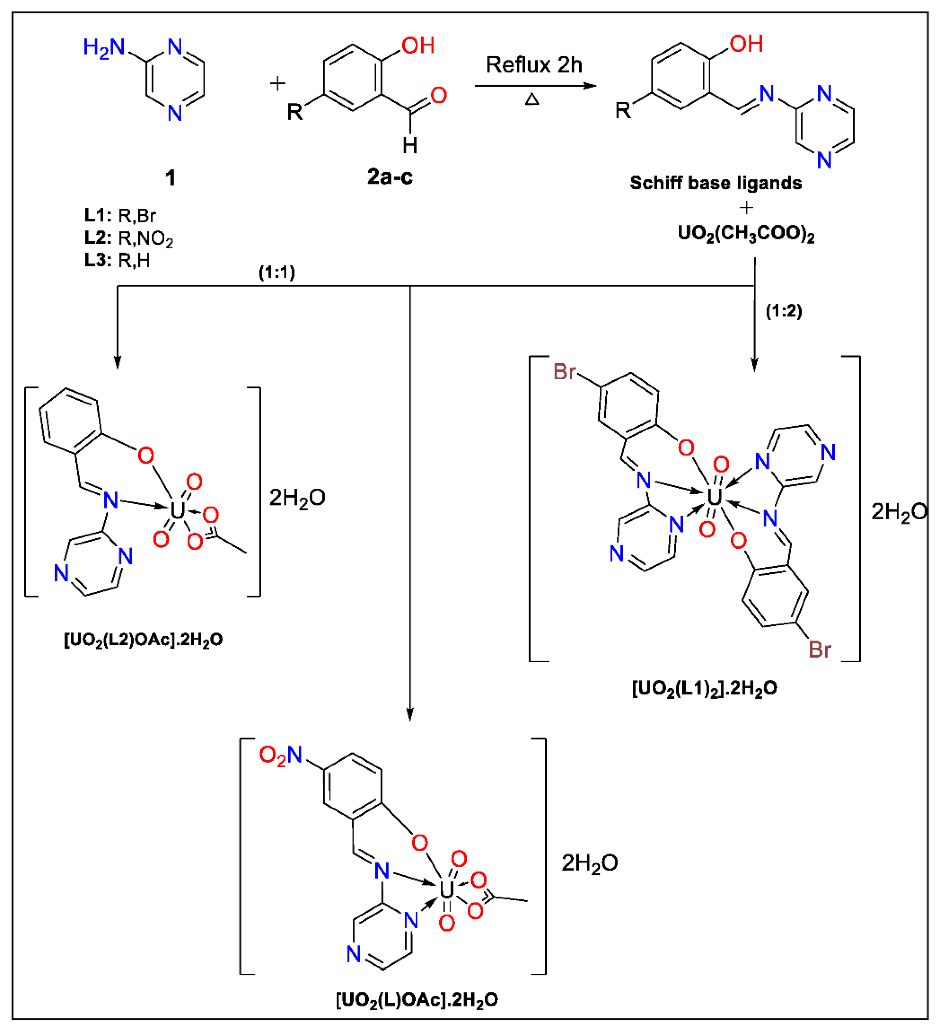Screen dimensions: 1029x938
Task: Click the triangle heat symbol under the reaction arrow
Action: point(532,99)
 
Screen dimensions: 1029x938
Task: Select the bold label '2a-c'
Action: point(390,176)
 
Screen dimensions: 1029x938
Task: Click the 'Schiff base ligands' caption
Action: point(715,183)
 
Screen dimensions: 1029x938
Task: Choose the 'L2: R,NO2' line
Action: point(129,238)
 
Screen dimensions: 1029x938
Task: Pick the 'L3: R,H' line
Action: point(117,260)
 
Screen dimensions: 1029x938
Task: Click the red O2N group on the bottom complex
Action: point(280,755)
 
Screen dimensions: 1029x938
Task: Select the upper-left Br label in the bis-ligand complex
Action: point(565,371)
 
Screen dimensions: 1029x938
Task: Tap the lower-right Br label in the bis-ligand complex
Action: point(820,650)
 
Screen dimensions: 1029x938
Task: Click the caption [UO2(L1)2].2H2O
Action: point(704,689)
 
